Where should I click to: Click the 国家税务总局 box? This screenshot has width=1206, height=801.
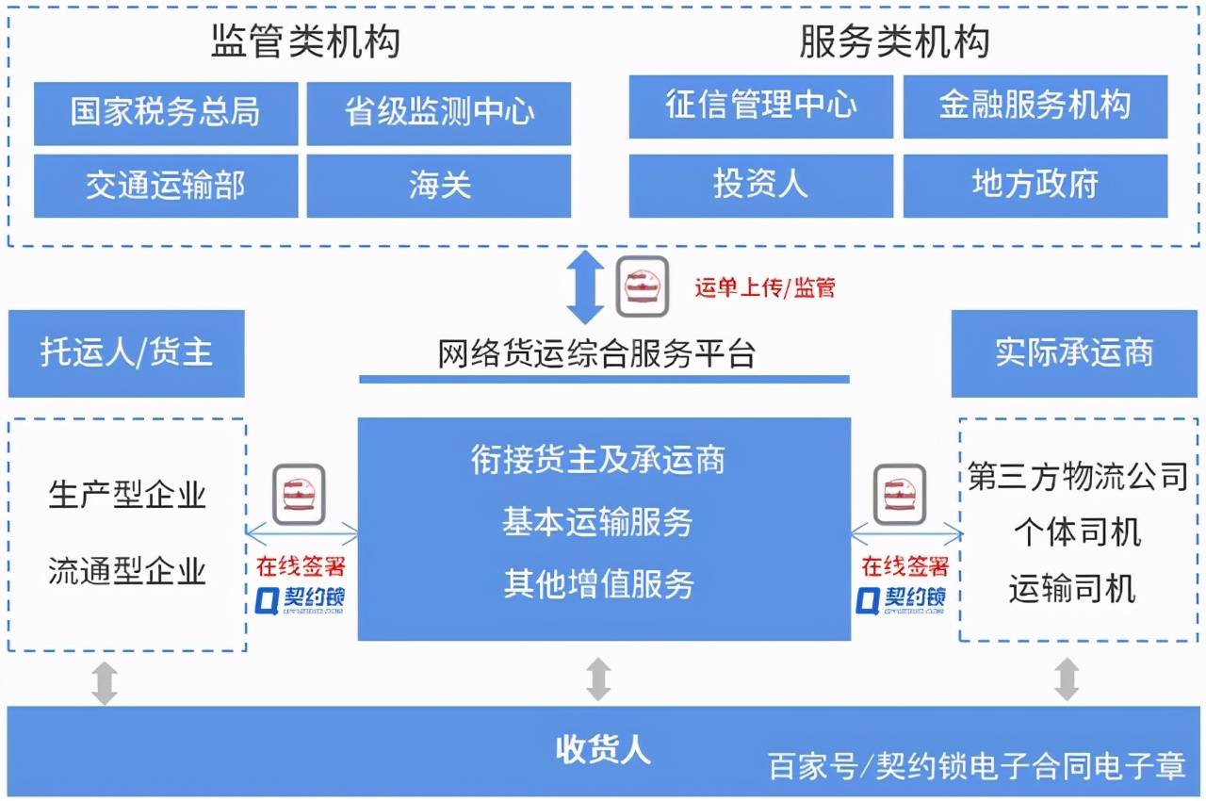165,113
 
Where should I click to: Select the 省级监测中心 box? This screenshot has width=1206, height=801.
438,113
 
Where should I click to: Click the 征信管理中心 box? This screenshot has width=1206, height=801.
760,106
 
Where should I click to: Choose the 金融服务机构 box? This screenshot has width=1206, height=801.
1035,106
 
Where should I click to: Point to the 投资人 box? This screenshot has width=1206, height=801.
760,185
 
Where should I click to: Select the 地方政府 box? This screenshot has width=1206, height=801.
1035,185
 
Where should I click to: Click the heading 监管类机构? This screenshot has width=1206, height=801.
305,42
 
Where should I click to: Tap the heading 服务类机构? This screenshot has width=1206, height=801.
894,42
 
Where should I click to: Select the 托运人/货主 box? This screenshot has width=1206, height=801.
126,353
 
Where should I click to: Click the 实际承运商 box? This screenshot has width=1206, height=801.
1074,353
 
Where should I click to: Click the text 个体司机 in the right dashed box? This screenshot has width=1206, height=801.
1077,533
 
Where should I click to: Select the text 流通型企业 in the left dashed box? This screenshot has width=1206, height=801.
127,571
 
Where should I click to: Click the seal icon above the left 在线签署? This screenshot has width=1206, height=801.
300,493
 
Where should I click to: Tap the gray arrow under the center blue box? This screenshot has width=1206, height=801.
598,678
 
